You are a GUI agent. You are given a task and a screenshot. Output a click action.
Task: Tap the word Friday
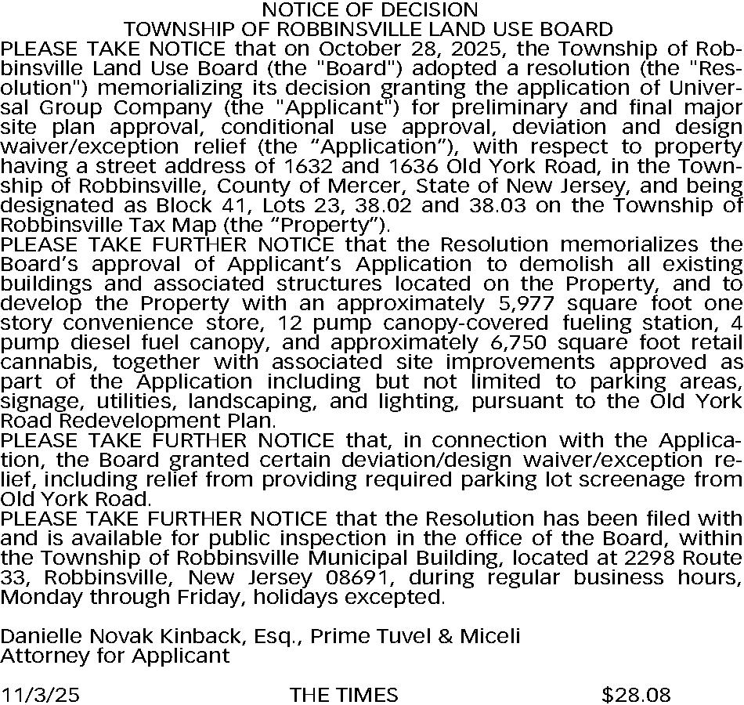(206, 598)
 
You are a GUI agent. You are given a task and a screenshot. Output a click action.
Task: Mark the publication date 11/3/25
(40, 695)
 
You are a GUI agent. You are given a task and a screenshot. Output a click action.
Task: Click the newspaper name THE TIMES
(344, 695)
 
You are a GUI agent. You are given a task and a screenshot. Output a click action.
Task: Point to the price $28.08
(636, 695)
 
